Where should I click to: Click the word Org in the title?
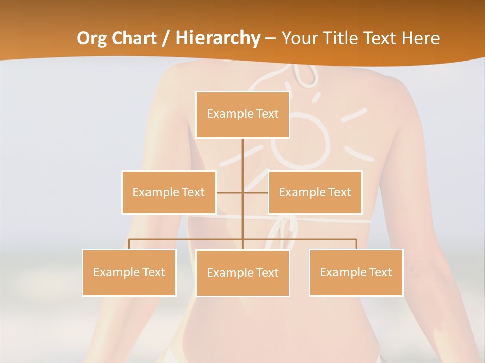click(91, 38)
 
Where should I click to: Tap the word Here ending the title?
click(420, 38)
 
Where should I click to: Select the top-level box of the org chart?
click(243, 114)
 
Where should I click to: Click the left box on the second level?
click(169, 193)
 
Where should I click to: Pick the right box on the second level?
click(315, 193)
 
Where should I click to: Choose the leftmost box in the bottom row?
click(129, 272)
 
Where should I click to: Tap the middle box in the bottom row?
click(243, 273)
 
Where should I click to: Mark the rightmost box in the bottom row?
click(356, 272)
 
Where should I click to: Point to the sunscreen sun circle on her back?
click(301, 142)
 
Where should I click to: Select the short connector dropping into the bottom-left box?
click(129, 244)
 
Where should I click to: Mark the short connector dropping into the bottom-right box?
click(356, 244)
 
